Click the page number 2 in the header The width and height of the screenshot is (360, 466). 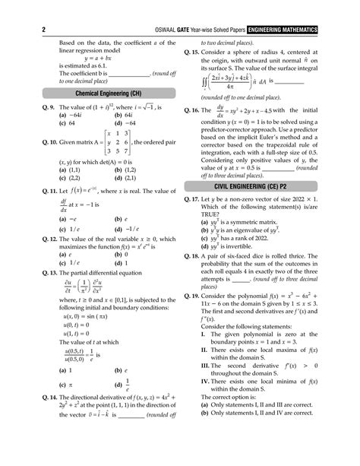point(17,8)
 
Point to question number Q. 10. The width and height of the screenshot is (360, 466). point(28,162)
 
